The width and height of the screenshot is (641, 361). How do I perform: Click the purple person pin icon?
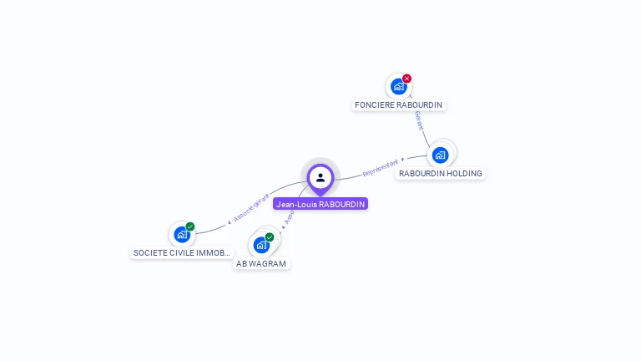click(320, 177)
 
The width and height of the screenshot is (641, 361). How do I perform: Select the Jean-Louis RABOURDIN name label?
click(320, 204)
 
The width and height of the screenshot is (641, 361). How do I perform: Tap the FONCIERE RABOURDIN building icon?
click(398, 86)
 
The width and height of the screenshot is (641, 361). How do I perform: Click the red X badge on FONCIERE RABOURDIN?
click(407, 79)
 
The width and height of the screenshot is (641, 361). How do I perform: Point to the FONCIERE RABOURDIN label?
click(398, 105)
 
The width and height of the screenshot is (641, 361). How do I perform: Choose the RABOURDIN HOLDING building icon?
click(440, 155)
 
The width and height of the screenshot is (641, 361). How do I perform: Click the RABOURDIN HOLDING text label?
click(440, 174)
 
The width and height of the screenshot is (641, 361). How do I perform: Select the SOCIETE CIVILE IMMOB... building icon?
click(182, 234)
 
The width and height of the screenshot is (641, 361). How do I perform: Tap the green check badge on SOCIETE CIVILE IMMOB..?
click(190, 226)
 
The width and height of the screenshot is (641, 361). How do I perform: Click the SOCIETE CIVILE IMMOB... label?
click(182, 252)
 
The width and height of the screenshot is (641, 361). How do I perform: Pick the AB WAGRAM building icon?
click(261, 245)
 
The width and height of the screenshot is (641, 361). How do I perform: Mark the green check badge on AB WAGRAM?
click(270, 237)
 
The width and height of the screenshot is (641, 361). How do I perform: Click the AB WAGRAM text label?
click(261, 264)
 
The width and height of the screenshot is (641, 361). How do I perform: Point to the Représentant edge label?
click(380, 167)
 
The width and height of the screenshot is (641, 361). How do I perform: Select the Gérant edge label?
click(419, 119)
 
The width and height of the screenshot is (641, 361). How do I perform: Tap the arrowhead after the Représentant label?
click(403, 158)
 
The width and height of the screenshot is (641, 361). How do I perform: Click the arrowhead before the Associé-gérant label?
click(229, 223)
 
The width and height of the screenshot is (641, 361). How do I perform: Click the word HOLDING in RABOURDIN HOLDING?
click(463, 174)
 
